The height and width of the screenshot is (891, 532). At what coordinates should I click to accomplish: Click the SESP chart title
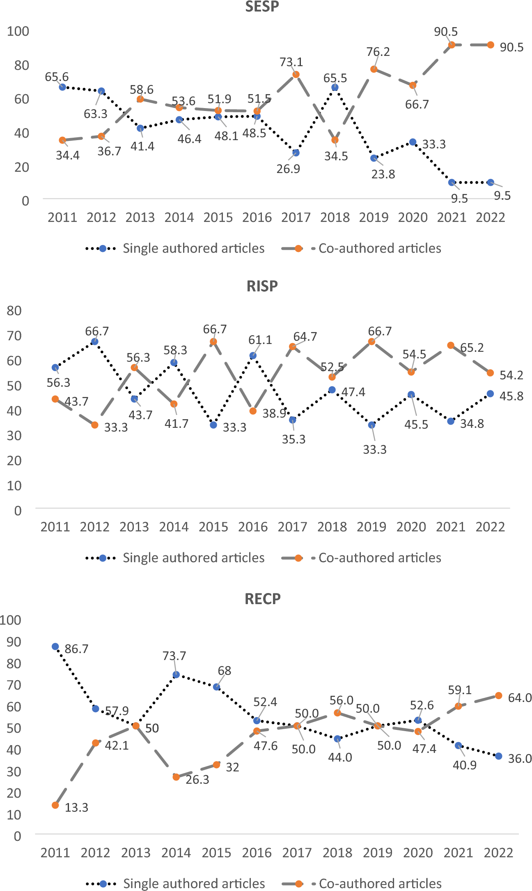(x=262, y=7)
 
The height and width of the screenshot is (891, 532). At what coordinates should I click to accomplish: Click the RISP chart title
(x=262, y=286)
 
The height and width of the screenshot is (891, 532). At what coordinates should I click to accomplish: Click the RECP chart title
(x=262, y=599)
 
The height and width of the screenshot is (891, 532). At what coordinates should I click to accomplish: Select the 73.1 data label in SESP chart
(x=291, y=62)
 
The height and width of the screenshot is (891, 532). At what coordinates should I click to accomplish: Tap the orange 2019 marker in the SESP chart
(x=374, y=69)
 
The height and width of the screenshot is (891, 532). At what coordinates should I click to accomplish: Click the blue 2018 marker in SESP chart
(x=335, y=87)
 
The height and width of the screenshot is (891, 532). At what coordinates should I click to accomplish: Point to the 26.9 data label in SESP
(x=288, y=169)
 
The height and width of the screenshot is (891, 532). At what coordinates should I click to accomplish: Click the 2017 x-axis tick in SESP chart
(x=296, y=217)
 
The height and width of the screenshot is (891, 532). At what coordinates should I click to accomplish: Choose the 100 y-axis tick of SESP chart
(x=18, y=31)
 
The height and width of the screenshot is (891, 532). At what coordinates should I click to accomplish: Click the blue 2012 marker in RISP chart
(x=95, y=342)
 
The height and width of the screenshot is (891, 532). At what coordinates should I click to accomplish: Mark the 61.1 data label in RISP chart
(x=260, y=340)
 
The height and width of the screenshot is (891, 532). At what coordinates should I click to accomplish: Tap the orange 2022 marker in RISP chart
(x=490, y=373)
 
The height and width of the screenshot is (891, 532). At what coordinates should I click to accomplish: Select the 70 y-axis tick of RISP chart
(x=14, y=336)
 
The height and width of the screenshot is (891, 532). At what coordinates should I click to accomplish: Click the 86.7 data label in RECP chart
(x=76, y=649)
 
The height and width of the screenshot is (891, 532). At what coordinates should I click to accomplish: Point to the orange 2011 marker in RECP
(x=55, y=805)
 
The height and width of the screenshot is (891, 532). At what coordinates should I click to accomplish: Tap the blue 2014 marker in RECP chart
(x=176, y=674)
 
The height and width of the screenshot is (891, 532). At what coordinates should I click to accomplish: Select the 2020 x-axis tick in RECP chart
(x=418, y=853)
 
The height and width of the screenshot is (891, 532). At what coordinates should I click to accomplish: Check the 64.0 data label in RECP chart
(x=519, y=698)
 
